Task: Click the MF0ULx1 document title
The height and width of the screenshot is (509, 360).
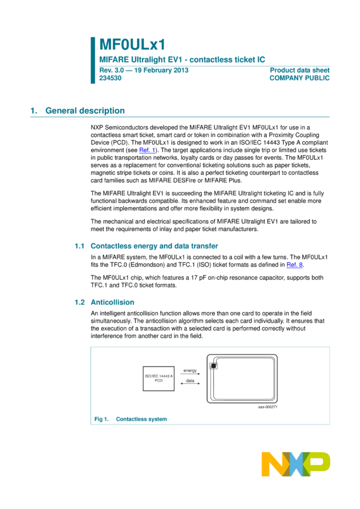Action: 132,44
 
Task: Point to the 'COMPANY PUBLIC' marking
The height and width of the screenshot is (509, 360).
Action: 300,78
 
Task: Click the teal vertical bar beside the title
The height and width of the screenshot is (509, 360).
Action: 93,60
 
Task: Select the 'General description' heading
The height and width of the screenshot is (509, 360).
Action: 84,111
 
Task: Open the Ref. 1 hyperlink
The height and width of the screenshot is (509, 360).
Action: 147,151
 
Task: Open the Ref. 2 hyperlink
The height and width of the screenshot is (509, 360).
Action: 294,265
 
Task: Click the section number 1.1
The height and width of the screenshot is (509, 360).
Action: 79,246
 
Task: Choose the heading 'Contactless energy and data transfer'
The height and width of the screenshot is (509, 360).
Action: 154,246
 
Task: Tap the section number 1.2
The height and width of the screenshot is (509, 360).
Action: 79,302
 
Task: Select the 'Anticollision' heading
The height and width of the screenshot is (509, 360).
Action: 112,302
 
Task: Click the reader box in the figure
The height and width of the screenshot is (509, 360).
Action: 158,378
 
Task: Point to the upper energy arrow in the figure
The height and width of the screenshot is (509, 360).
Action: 190,372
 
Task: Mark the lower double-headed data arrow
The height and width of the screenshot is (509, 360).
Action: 190,382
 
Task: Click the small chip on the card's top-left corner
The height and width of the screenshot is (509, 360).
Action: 214,365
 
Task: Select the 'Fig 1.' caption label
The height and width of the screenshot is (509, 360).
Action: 101,419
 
